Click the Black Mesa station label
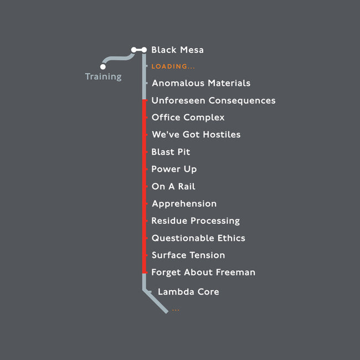(x=177, y=50)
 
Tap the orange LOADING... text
(x=173, y=66)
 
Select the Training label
(x=104, y=76)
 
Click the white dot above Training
(x=103, y=66)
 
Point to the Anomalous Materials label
(x=201, y=83)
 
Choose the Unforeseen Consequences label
(x=214, y=101)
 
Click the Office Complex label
(x=188, y=117)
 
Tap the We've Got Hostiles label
(x=196, y=135)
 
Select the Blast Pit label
(x=171, y=152)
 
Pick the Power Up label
(x=174, y=169)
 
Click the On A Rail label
(x=173, y=187)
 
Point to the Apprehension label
(x=184, y=204)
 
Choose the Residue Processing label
(x=196, y=221)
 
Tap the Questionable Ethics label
(x=198, y=238)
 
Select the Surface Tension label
(x=188, y=255)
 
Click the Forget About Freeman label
(x=203, y=272)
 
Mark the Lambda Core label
(x=188, y=292)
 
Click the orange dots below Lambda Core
(x=176, y=310)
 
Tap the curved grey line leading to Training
(x=118, y=58)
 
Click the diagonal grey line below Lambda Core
(x=156, y=301)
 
